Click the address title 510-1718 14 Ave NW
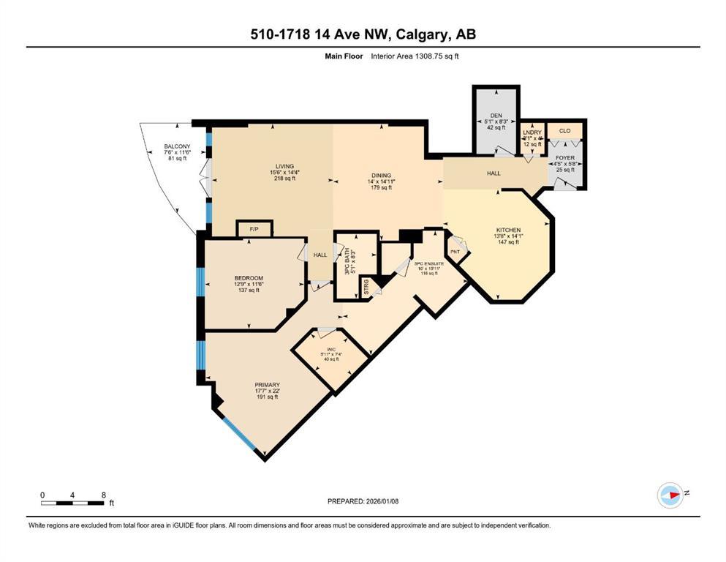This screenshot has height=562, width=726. coord(362,34)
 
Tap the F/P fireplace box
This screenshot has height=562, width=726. coord(254,229)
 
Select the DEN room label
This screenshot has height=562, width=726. coord(496,116)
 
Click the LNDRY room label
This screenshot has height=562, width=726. coord(532,132)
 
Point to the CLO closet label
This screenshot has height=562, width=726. coord(564,131)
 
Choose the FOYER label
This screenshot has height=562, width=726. coord(565,157)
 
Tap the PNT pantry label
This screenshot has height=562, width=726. coord(454,252)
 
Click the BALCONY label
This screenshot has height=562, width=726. coord(178,146)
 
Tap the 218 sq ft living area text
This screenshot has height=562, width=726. coord(284,179)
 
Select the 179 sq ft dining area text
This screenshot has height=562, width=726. coord(382,188)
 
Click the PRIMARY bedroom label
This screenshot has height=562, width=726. coord(267,385)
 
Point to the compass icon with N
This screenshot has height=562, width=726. coord(670,495)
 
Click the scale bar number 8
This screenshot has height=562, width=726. coord(104,495)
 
